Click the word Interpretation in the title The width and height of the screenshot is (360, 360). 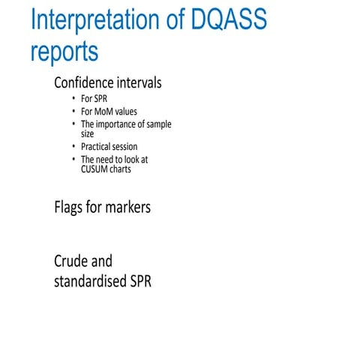tap(89, 22)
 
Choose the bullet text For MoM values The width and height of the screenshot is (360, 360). tap(109, 112)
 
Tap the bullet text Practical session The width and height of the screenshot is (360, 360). tap(109, 147)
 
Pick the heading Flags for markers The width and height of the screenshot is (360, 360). tap(102, 207)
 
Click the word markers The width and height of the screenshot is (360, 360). tap(127, 207)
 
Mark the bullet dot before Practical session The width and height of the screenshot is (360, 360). tap(73, 147)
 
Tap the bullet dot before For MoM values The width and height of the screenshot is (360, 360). tap(73, 112)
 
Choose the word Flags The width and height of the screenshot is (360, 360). tap(69, 207)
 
